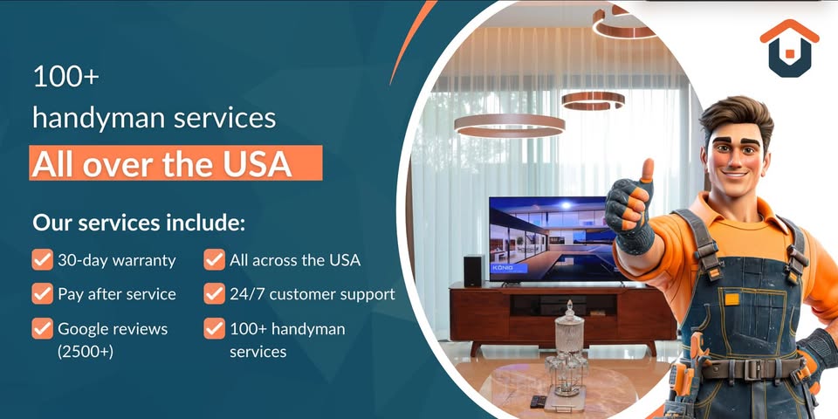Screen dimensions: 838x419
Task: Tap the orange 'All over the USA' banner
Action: (175, 163)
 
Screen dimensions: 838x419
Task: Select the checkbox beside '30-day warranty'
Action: (42, 260)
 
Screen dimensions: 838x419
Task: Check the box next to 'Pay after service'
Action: (42, 293)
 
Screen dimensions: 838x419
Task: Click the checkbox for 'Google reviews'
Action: (42, 329)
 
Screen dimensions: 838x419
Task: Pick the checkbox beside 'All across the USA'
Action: (215, 260)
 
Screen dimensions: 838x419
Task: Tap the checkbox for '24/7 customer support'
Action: (215, 293)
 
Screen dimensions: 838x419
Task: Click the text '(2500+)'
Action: (86, 352)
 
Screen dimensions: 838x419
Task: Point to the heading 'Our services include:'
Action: (139, 223)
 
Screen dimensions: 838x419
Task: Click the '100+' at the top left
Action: (65, 77)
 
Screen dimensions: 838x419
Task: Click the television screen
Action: (554, 238)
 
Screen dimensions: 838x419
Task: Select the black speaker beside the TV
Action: (472, 271)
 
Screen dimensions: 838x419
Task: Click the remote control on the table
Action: (539, 402)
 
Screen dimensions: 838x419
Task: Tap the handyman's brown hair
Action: (735, 115)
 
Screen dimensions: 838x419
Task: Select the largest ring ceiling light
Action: (509, 125)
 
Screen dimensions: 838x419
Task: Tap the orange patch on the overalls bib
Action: (732, 299)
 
